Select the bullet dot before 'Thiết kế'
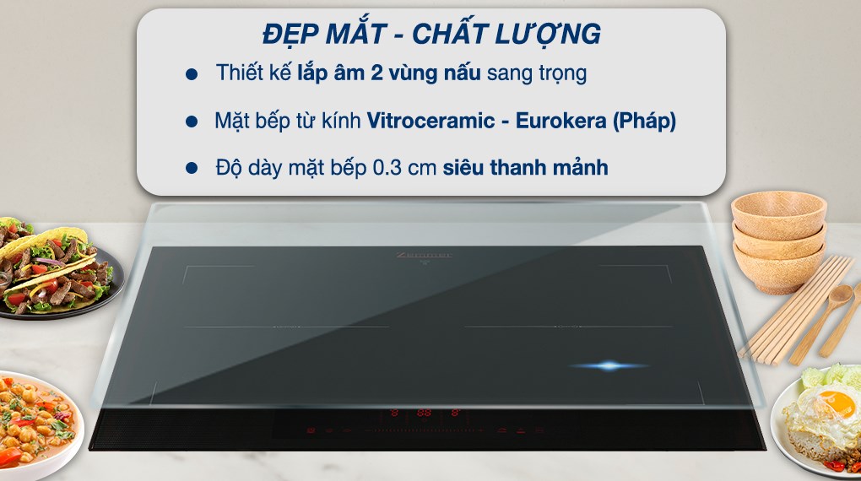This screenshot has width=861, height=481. tap(191, 73)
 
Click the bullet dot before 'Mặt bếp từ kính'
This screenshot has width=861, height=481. tap(191, 121)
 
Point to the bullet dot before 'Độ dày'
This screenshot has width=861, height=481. tap(191, 168)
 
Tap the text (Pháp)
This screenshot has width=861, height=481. tap(644, 121)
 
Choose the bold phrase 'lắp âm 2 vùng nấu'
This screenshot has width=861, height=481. tap(388, 73)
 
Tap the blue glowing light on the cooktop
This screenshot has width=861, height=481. tap(610, 365)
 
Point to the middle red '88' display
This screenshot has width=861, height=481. tap(424, 413)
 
